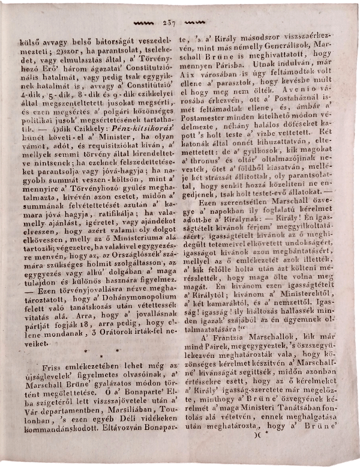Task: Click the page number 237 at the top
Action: (168, 23)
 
